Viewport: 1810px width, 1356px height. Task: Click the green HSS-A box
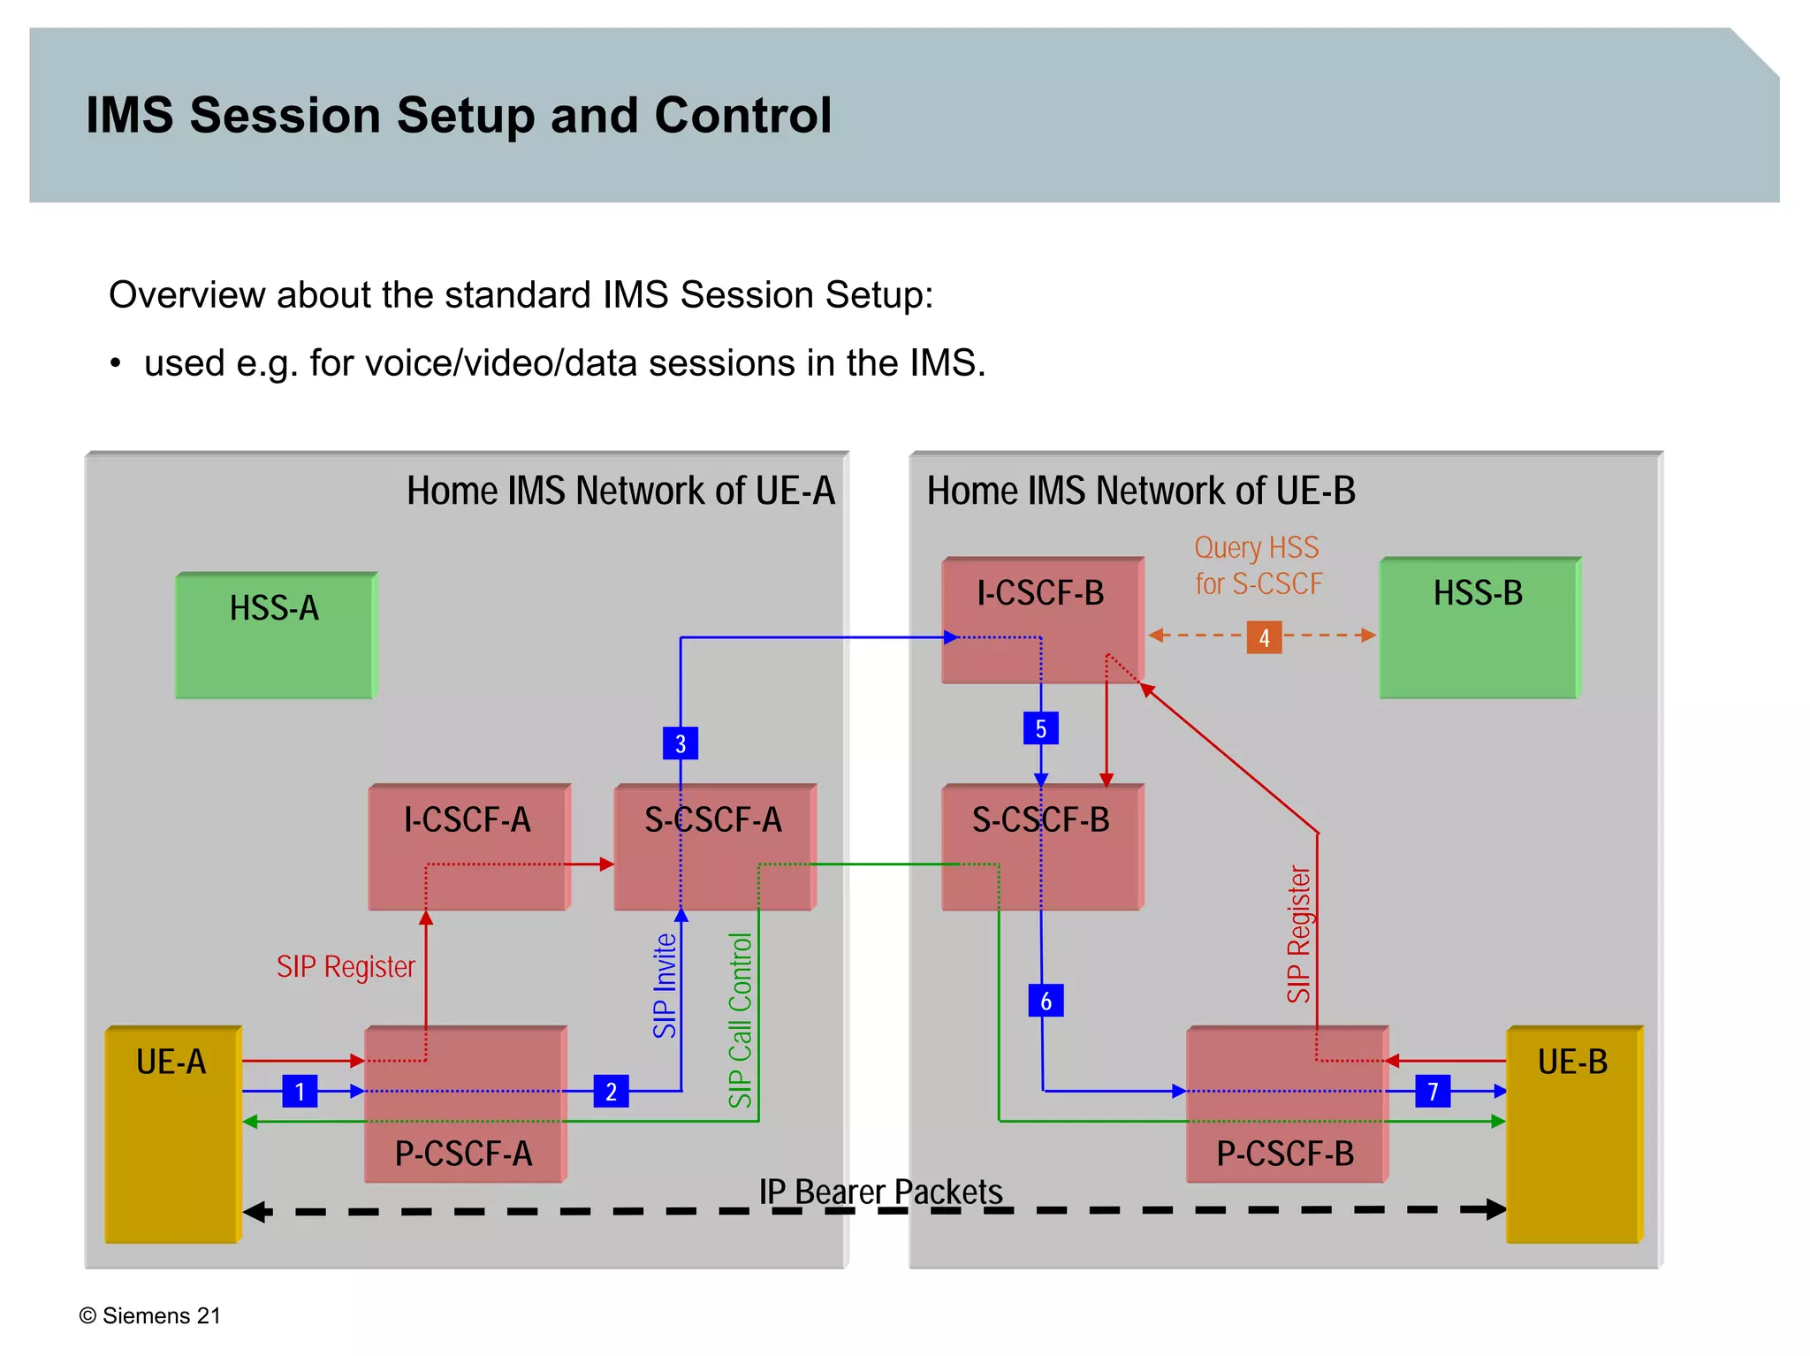click(x=275, y=635)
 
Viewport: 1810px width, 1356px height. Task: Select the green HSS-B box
click(x=1479, y=627)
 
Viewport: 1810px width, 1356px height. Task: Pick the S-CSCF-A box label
click(x=712, y=820)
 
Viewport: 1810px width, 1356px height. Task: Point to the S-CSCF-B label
click(x=1040, y=820)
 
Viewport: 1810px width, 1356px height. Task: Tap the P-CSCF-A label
click(x=463, y=1154)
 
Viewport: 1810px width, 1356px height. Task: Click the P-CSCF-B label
click(x=1285, y=1154)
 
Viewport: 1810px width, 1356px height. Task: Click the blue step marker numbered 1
click(x=300, y=1092)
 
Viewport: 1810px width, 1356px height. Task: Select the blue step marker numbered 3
click(x=680, y=743)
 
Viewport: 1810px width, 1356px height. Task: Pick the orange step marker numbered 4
click(x=1264, y=637)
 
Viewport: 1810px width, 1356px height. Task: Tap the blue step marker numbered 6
click(x=1046, y=1001)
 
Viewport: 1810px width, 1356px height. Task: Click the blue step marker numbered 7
click(x=1433, y=1092)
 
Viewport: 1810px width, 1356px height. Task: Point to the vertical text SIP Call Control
click(x=740, y=1020)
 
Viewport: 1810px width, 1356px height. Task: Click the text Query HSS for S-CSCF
click(x=1258, y=566)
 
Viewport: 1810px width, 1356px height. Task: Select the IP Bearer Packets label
click(x=880, y=1192)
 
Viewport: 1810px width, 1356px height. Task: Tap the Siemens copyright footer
click(x=150, y=1315)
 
